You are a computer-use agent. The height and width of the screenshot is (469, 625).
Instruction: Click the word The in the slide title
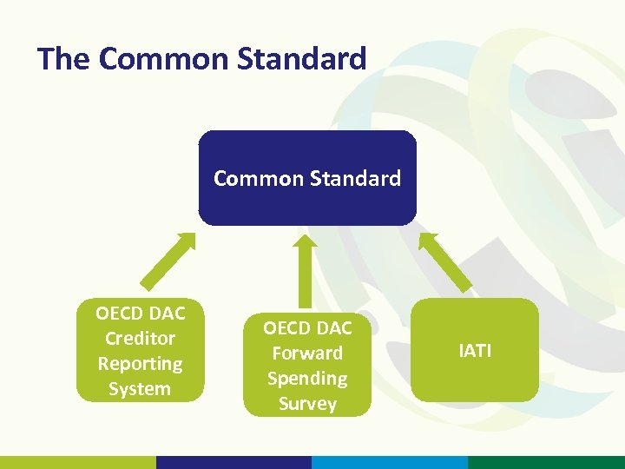(64, 59)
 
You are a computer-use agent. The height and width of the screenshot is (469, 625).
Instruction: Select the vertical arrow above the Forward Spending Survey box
(305, 269)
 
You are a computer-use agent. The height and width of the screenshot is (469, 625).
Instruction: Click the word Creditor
(140, 339)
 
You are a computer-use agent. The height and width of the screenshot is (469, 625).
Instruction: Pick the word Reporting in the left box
(140, 364)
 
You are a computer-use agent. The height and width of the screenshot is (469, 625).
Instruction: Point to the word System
(140, 389)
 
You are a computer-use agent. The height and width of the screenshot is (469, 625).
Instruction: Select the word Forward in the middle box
(307, 353)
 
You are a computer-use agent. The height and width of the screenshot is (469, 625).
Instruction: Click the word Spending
(307, 379)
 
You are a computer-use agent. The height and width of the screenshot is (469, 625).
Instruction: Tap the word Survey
(307, 404)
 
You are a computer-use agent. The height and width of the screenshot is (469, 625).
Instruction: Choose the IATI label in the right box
(475, 351)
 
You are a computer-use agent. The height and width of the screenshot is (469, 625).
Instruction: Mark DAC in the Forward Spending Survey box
(334, 328)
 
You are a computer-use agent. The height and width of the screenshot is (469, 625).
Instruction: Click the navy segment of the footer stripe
(234, 462)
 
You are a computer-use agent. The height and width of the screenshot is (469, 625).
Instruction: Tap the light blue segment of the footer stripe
(390, 462)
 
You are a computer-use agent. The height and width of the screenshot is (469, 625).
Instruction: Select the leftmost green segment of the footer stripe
(78, 462)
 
